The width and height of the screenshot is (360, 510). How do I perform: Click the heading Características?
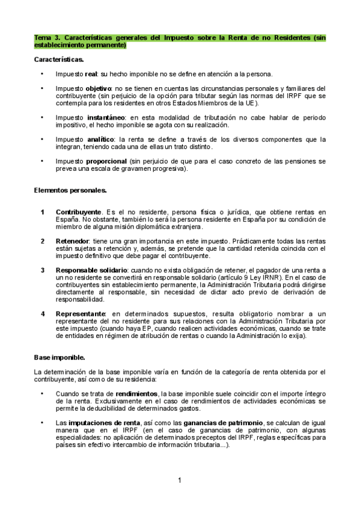pyautogui.click(x=58, y=60)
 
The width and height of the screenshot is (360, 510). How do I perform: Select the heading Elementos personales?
pyautogui.click(x=70, y=191)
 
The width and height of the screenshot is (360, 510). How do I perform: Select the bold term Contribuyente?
pyautogui.click(x=78, y=212)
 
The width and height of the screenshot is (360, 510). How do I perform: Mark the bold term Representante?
pyautogui.click(x=81, y=314)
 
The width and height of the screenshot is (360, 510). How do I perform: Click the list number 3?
pyautogui.click(x=43, y=270)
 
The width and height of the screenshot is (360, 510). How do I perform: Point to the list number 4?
pyautogui.click(x=43, y=314)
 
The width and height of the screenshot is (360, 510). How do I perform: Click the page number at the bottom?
pyautogui.click(x=180, y=480)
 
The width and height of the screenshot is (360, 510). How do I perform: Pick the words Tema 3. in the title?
pyautogui.click(x=47, y=37)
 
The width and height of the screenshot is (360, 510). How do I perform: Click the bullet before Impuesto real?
pyautogui.click(x=42, y=75)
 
